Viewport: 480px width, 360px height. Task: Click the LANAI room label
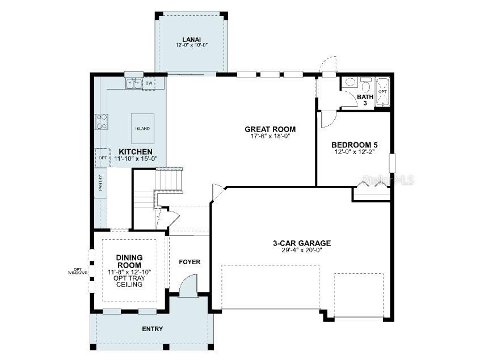click(188, 40)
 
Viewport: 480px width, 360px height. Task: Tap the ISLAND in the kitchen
click(142, 129)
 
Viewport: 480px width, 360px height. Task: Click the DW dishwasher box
click(149, 83)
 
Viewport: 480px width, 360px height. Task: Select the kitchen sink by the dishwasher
click(134, 83)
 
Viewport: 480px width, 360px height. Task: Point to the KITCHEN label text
click(135, 151)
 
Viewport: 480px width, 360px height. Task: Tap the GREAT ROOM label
click(270, 129)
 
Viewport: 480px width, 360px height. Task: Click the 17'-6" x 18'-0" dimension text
click(270, 137)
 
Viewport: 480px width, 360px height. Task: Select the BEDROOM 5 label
click(355, 145)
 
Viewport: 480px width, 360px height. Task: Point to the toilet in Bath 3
click(366, 86)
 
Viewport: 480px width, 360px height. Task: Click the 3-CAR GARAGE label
click(301, 243)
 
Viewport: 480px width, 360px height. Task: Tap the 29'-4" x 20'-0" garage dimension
click(301, 251)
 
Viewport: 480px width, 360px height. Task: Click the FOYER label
click(190, 262)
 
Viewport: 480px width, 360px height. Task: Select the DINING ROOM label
click(129, 261)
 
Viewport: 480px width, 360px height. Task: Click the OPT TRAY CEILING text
click(129, 281)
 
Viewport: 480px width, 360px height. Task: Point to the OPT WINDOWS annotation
click(78, 272)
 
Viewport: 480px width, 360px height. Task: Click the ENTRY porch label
click(152, 329)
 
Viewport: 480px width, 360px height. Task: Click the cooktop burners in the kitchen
click(102, 122)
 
